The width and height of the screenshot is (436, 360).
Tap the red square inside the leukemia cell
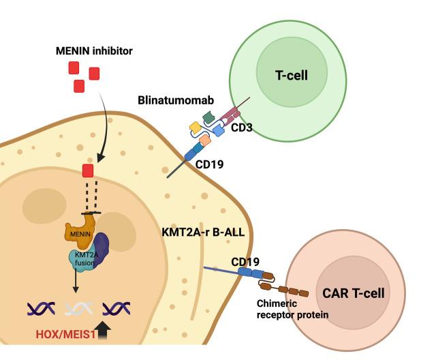pyautogui.click(x=88, y=170)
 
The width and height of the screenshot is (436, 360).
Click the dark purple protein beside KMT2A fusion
pyautogui.click(x=102, y=247)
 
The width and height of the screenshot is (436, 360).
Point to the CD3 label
pyautogui.click(x=239, y=127)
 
